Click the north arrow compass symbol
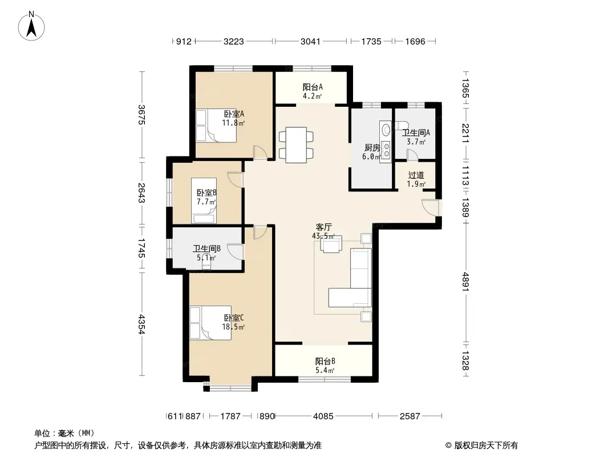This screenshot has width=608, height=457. (x=31, y=26)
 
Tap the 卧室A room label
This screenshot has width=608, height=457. (x=234, y=114)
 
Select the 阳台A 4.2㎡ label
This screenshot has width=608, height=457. (x=313, y=91)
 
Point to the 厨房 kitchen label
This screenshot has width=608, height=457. (x=372, y=147)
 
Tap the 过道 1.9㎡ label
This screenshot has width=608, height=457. (x=416, y=179)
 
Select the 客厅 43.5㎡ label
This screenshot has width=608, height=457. (x=323, y=231)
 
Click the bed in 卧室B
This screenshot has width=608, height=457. (x=204, y=201)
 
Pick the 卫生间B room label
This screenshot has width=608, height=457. (x=206, y=248)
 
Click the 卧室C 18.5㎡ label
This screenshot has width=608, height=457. (x=233, y=322)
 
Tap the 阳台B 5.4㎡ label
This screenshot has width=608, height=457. (x=325, y=366)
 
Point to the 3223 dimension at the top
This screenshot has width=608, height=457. (x=234, y=41)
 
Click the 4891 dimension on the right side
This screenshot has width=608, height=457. (x=465, y=282)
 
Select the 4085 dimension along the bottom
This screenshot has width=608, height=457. (x=323, y=416)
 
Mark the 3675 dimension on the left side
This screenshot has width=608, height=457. (x=141, y=115)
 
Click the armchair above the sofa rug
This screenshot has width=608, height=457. (x=331, y=244)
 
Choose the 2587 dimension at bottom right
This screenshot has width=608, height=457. (x=410, y=416)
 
